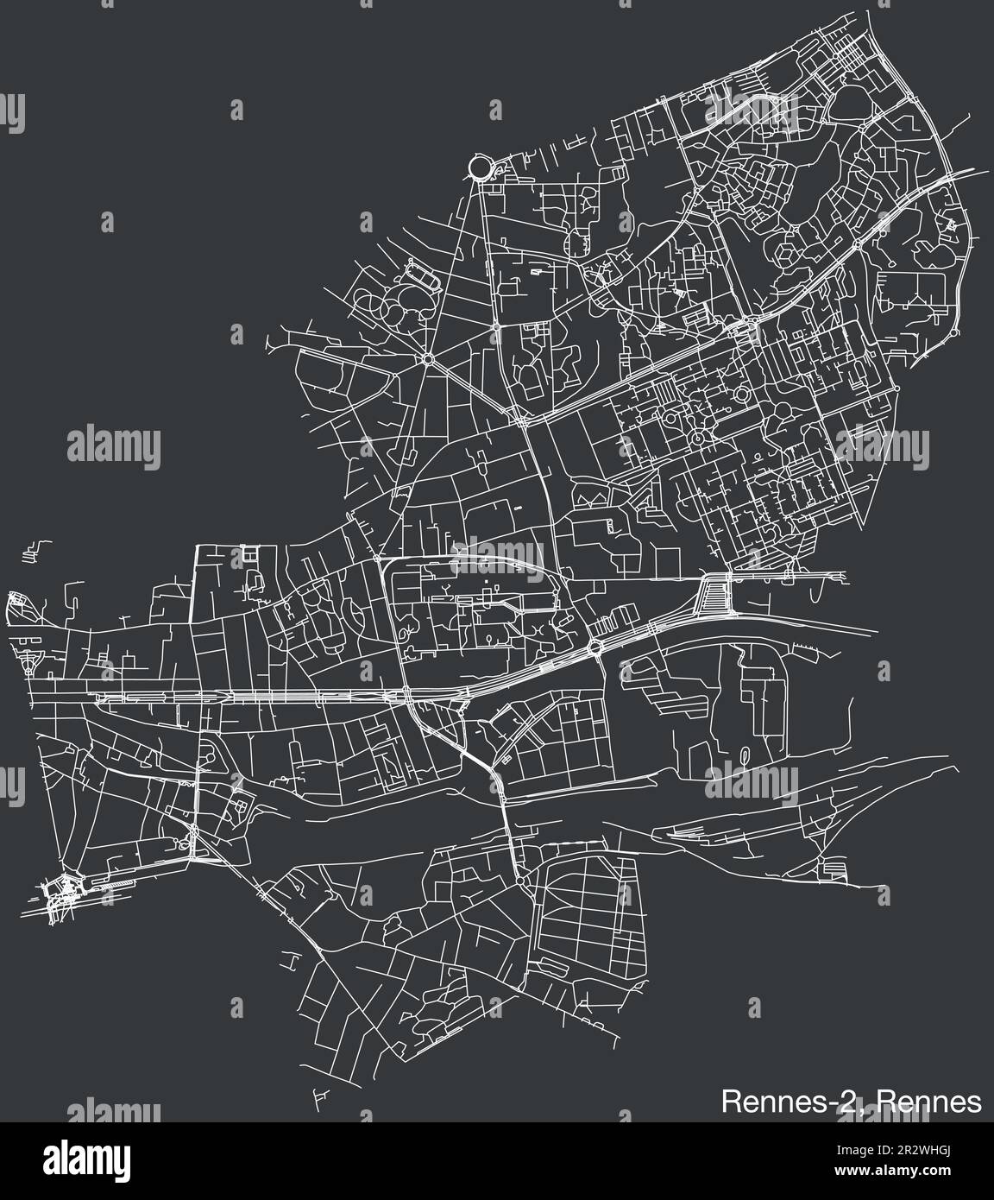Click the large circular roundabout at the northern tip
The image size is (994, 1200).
tap(479, 167)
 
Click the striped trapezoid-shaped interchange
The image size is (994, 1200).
tap(715, 597)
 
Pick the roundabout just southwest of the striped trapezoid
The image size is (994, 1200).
tap(595, 647)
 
